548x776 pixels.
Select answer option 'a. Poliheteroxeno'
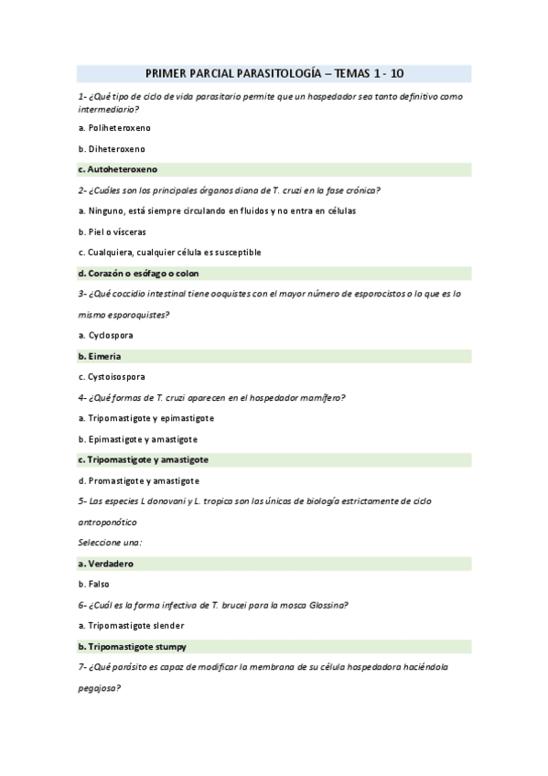coord(114,127)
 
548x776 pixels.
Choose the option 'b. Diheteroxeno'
coord(111,148)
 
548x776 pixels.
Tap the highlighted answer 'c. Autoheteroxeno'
coord(118,169)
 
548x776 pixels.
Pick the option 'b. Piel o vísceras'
coord(112,232)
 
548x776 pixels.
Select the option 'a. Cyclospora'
coord(105,335)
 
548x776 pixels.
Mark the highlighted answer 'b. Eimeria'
coord(100,355)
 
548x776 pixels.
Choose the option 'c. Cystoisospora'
coord(112,376)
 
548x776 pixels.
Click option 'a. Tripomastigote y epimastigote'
coord(146,417)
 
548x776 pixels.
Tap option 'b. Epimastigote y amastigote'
coord(137,439)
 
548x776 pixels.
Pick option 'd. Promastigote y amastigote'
coord(138,480)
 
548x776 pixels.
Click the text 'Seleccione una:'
coord(110,543)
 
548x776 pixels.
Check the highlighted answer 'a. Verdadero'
coord(107,563)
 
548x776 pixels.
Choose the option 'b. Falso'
coord(95,584)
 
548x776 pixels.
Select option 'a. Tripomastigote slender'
coord(131,626)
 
